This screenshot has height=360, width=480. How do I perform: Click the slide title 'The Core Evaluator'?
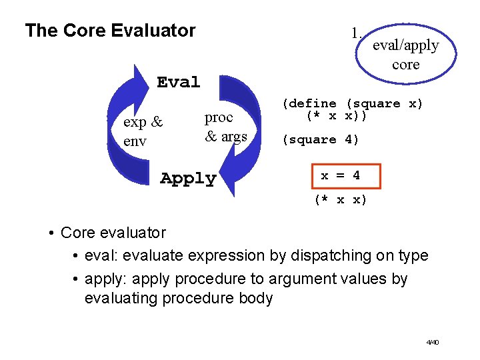110,31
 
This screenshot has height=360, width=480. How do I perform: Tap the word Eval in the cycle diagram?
178,82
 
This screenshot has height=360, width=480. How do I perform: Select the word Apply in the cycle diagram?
188,179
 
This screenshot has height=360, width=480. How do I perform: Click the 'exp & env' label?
143,131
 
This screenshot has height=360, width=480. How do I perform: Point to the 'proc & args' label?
225,127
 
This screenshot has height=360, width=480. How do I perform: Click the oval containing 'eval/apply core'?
405,55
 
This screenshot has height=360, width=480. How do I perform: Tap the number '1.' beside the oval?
357,33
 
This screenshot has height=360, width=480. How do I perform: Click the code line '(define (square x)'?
352,103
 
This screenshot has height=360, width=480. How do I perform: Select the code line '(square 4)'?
320,139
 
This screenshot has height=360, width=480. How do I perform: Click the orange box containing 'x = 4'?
340,176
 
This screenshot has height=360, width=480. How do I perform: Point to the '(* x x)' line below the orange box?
340,199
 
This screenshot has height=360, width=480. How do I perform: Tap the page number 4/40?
433,342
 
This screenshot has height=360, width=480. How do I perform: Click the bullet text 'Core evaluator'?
113,233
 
